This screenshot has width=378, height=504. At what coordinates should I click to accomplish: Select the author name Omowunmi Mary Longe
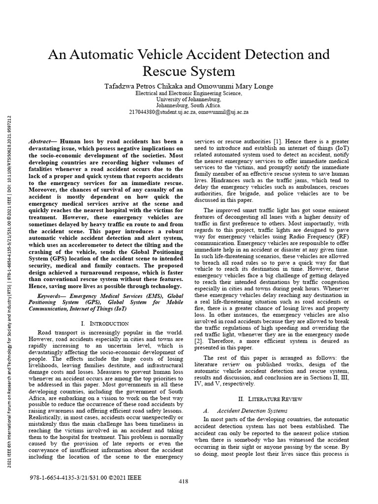coord(233,86)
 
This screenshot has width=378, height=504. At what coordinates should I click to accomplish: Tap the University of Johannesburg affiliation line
coord(189,99)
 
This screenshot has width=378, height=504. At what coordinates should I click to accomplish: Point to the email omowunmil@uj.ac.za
coord(223,112)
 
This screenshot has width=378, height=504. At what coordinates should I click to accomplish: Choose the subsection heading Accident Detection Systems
coord(252,410)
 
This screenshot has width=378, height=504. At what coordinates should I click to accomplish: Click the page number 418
coord(183,481)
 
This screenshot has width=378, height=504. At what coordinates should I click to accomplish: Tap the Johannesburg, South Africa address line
coord(189,105)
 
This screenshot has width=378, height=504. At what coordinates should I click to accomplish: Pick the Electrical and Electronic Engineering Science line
coord(189,93)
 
